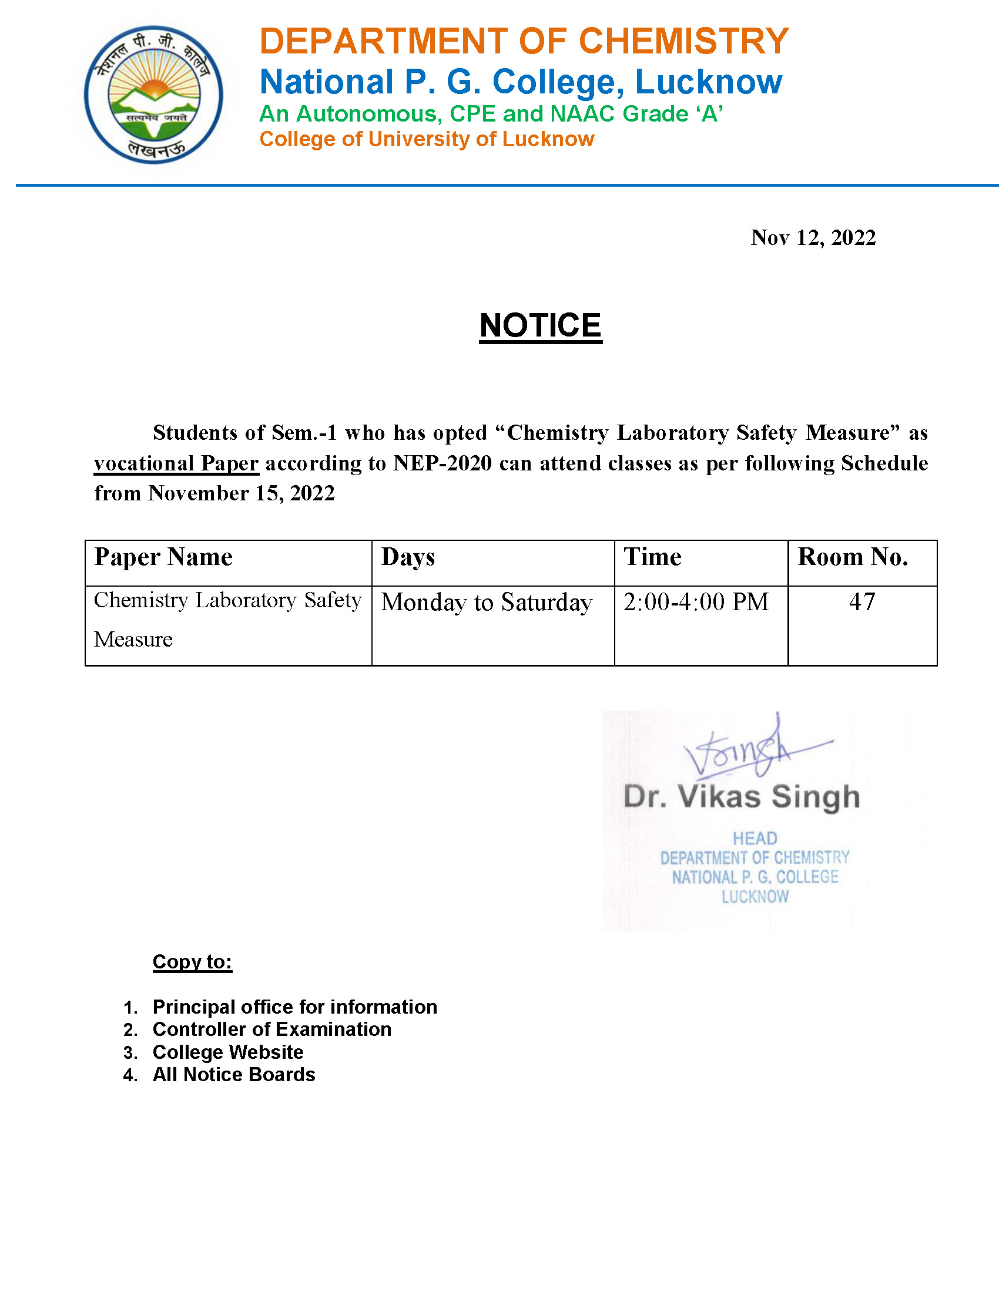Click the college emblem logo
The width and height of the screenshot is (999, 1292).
tap(153, 95)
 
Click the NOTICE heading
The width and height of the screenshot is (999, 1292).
tap(540, 325)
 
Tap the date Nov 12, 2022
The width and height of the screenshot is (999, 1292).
tap(813, 238)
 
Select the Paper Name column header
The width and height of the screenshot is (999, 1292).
tap(163, 557)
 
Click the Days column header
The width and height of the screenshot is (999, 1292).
tap(408, 557)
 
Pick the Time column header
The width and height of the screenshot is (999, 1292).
tap(652, 557)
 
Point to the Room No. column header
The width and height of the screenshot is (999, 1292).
tap(853, 557)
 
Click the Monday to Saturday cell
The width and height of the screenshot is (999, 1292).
tap(487, 603)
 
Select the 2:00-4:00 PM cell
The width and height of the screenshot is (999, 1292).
tap(696, 602)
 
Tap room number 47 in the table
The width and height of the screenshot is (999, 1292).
tap(861, 602)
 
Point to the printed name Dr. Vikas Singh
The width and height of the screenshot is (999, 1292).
tap(742, 797)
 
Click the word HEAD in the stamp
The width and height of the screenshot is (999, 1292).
tap(755, 838)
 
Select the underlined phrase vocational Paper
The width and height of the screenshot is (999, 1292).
tap(176, 463)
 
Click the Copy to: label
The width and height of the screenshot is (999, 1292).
tap(192, 962)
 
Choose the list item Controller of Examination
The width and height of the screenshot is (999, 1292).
tap(271, 1030)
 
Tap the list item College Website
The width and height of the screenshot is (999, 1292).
tap(228, 1052)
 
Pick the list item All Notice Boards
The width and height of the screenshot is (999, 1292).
tap(234, 1075)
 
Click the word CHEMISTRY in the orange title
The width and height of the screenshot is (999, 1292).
tap(683, 42)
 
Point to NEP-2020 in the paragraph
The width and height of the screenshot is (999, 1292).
tap(442, 463)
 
